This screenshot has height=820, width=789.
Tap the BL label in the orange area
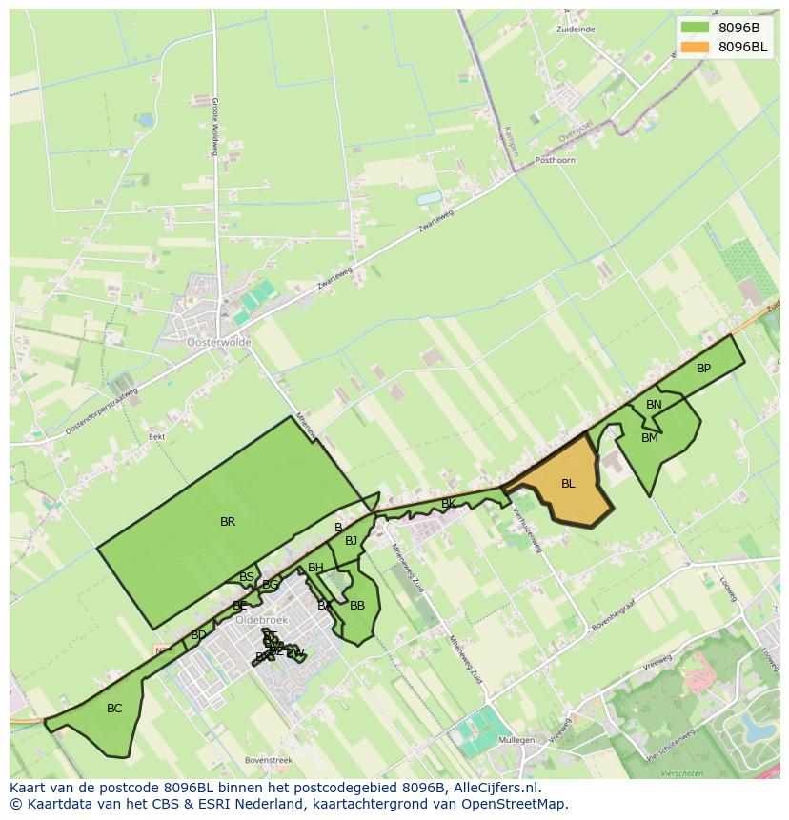[x=568, y=484]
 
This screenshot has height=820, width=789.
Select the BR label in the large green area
[x=228, y=522]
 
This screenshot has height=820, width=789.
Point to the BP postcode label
[x=703, y=369]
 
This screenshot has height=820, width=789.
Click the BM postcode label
[x=650, y=438]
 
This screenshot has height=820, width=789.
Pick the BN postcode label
[x=654, y=405]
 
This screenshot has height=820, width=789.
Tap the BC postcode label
[x=114, y=709]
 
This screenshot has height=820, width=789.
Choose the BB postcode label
[x=357, y=606]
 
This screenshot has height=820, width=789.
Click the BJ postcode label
[x=351, y=541]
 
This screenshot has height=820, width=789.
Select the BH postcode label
[x=315, y=568]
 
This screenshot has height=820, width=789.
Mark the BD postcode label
[x=198, y=635]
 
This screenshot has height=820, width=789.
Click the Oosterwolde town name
[x=219, y=342]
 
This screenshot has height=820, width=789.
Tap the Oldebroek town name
[x=261, y=619]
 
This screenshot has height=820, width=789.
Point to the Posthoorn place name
[x=556, y=161]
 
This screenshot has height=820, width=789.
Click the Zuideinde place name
[x=576, y=30]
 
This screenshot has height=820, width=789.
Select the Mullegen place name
[x=516, y=739]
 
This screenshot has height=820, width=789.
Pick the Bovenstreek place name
[x=269, y=760]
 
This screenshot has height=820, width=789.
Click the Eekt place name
[x=157, y=437]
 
